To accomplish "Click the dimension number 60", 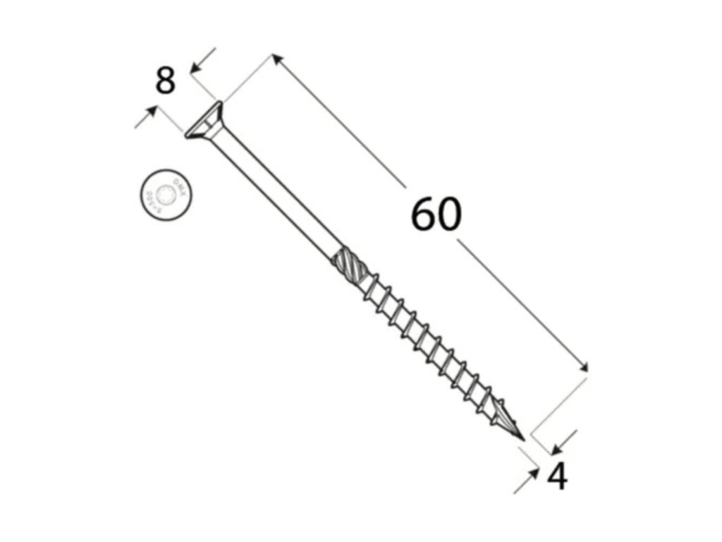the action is tap(436, 215).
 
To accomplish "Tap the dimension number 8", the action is tap(165, 80).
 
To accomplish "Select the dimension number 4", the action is tap(557, 478).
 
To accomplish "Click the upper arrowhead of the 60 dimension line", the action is tap(278, 61).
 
